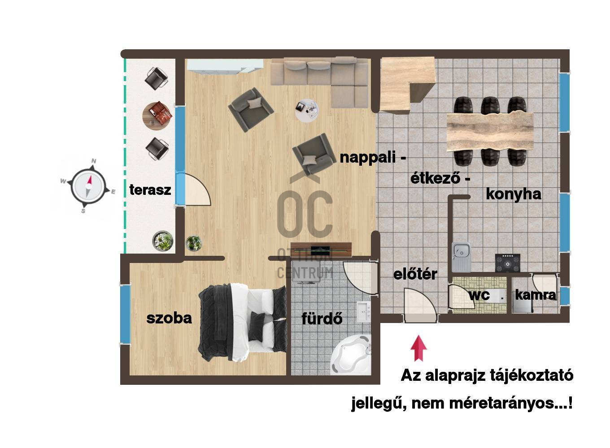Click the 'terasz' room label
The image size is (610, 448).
click(150, 190)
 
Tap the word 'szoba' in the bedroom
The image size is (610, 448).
click(169, 318)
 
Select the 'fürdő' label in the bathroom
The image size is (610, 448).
click(322, 318)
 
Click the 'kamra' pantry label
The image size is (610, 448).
click(536, 295)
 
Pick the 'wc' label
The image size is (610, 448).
click(479, 295)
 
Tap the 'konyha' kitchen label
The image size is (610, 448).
click(514, 194)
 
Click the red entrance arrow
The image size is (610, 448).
click(418, 349)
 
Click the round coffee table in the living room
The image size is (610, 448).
click(307, 110)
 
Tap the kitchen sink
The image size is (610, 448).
click(461, 257)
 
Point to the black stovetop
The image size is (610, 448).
click(507, 263)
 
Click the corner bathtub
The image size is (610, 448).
click(351, 355)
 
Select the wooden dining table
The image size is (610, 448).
click(490, 132)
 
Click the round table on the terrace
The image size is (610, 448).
click(157, 116)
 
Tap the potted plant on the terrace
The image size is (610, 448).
click(163, 241)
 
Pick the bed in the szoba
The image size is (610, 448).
click(242, 322)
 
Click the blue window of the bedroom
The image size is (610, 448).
click(125, 314)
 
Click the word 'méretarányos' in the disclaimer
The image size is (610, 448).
click(504, 403)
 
